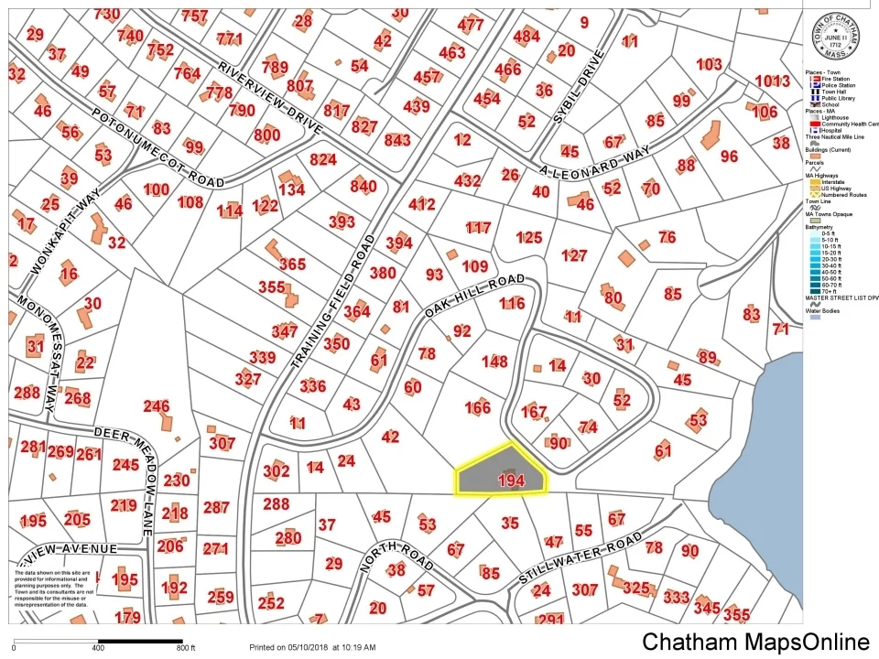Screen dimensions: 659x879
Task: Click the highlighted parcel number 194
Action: pyautogui.click(x=510, y=481)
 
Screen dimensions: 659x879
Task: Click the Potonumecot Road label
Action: pyautogui.click(x=157, y=147)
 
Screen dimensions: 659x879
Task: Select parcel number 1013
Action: pyautogui.click(x=772, y=81)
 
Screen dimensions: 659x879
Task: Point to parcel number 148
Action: pyautogui.click(x=494, y=362)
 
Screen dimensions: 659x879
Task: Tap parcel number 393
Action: pyautogui.click(x=342, y=221)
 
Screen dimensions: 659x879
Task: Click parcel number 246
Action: pyautogui.click(x=157, y=406)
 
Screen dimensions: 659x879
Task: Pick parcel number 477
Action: pyautogui.click(x=471, y=25)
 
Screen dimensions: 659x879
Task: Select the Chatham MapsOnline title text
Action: pyautogui.click(x=755, y=642)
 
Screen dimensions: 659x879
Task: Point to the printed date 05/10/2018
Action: pyautogui.click(x=303, y=647)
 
